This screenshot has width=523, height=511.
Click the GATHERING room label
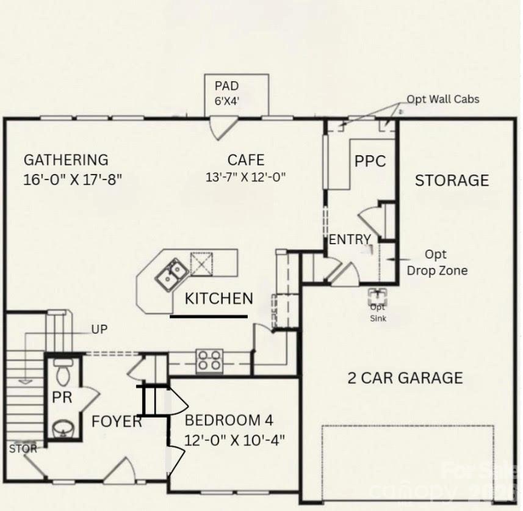[65, 160]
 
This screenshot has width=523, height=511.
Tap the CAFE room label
[246, 160]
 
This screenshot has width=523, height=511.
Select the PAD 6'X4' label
[226, 93]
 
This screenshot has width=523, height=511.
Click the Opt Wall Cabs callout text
[444, 99]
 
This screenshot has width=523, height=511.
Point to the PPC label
[370, 161]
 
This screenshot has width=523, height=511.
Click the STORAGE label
[452, 180]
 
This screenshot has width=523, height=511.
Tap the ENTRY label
[349, 240]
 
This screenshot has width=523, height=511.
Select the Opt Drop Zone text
[437, 262]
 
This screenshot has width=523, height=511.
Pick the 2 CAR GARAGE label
[405, 378]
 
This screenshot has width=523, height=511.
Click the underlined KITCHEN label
[218, 299]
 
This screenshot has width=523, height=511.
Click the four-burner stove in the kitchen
[209, 360]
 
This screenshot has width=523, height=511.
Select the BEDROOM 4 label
[229, 421]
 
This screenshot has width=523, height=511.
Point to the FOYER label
[117, 421]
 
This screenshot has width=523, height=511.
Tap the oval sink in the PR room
[62, 429]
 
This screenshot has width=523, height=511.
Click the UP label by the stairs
[99, 330]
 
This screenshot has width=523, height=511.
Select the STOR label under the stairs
[23, 449]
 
